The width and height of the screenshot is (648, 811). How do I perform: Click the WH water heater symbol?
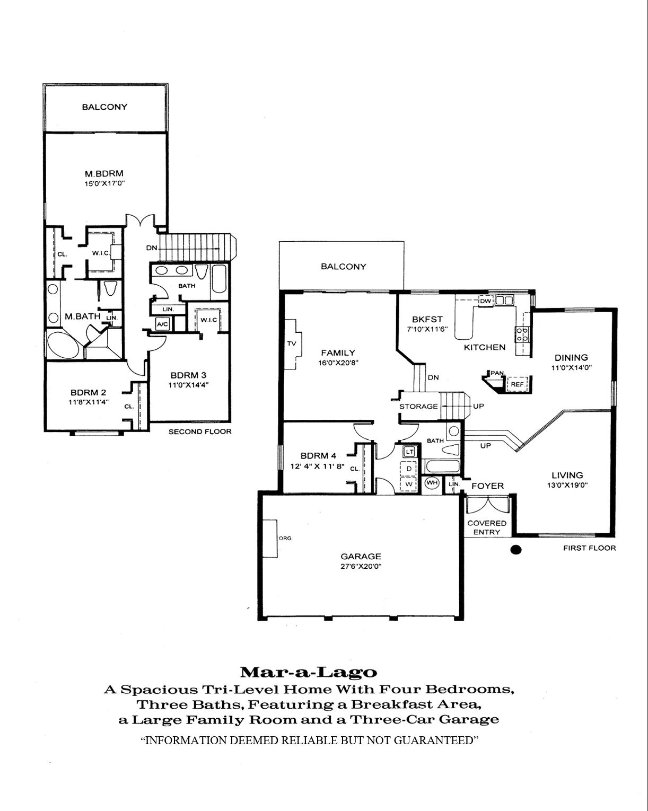[x=432, y=483]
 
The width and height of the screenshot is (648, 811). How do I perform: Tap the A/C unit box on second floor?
[x=162, y=324]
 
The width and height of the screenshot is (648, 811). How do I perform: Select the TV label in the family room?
[x=292, y=343]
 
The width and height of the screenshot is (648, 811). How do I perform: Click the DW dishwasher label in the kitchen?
[x=486, y=301]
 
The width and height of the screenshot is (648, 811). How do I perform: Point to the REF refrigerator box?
[x=517, y=384]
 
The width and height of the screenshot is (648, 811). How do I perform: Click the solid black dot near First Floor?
[x=515, y=550]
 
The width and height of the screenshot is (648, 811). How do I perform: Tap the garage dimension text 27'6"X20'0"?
[x=361, y=566]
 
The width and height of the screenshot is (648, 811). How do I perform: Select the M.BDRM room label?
[x=104, y=174]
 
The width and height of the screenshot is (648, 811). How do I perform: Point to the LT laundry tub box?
[x=409, y=452]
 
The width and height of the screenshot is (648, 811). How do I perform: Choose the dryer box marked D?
[x=409, y=469]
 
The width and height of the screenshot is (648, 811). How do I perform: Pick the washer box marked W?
[x=409, y=484]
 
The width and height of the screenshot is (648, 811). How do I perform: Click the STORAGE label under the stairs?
[x=418, y=407]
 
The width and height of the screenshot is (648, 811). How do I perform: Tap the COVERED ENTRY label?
[x=487, y=527]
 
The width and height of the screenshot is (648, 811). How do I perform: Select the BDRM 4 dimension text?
[x=317, y=466]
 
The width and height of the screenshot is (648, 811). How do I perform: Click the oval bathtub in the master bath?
[x=63, y=345]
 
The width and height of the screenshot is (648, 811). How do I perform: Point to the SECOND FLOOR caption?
[x=200, y=431]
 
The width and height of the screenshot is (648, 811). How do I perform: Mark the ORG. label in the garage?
[x=285, y=538]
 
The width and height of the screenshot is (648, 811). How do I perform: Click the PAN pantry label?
[x=497, y=373]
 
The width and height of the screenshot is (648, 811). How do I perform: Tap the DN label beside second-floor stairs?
[x=152, y=248]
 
